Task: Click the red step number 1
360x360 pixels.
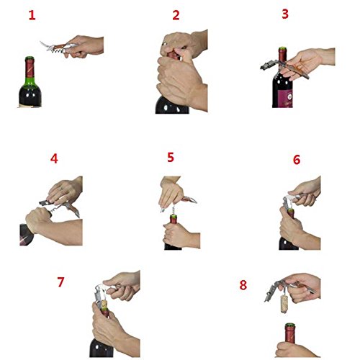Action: tap(32, 15)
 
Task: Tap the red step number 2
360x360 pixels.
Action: tap(176, 15)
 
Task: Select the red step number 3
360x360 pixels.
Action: tap(285, 14)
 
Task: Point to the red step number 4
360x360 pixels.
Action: tap(54, 158)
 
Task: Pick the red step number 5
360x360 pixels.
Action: tap(171, 158)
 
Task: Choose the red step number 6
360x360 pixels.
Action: tap(297, 160)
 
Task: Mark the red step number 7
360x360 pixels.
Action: tap(60, 282)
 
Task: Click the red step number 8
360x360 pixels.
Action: tap(243, 285)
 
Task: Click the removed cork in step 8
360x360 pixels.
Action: tap(284, 304)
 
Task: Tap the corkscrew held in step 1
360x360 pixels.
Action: tap(60, 48)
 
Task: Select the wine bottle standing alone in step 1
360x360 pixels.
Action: tap(30, 81)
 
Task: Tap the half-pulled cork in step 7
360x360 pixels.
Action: tap(104, 305)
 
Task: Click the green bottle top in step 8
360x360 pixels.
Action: tap(290, 325)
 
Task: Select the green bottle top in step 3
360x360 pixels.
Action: tap(282, 49)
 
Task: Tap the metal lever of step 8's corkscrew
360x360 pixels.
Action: tap(271, 292)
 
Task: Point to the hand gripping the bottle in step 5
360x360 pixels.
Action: tap(180, 235)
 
